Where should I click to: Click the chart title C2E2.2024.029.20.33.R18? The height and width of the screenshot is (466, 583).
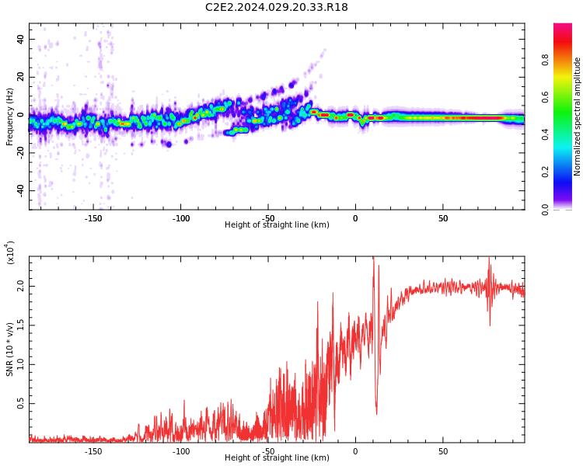click(277, 8)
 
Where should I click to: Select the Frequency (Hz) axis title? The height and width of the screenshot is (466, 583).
click(10, 116)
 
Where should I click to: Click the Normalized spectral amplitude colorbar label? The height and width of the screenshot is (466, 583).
click(578, 116)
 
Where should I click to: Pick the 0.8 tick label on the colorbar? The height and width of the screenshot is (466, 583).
click(545, 59)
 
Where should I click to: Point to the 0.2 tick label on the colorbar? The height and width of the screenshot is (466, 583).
click(545, 172)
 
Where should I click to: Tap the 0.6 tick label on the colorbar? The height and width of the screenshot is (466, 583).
click(545, 96)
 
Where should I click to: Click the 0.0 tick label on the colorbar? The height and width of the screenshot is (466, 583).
click(545, 209)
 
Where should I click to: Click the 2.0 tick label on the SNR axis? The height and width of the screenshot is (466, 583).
click(21, 286)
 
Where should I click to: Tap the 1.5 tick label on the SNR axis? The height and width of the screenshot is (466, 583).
click(21, 325)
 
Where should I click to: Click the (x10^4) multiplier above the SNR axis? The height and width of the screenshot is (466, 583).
click(10, 253)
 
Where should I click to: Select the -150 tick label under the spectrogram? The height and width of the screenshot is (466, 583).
click(93, 217)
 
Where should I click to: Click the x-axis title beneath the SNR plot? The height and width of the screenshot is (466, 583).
click(277, 458)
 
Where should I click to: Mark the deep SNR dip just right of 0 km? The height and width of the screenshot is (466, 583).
click(376, 412)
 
